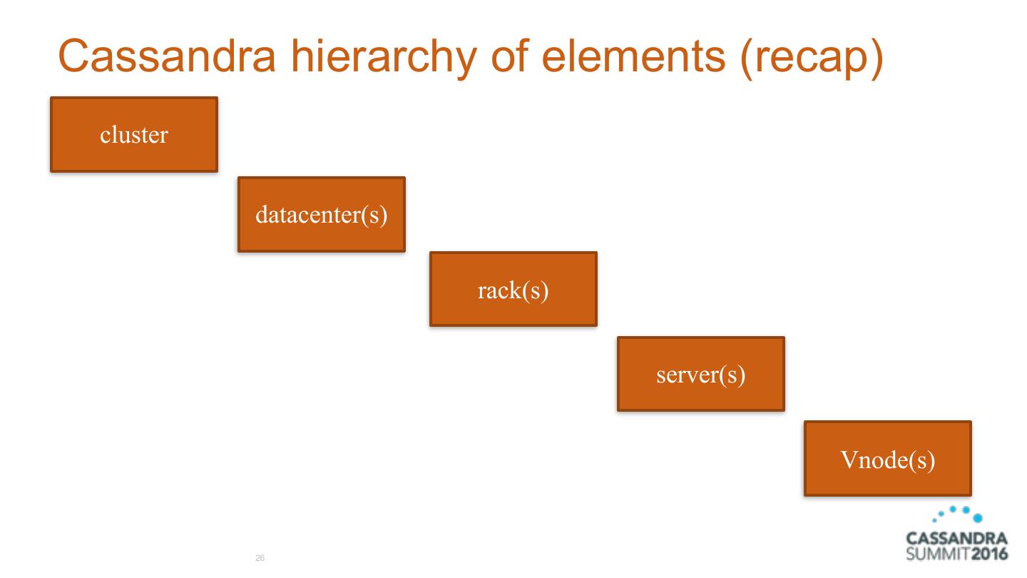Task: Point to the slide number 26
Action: pyautogui.click(x=259, y=558)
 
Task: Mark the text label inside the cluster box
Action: pyautogui.click(x=134, y=135)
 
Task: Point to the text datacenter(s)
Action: pyautogui.click(x=321, y=215)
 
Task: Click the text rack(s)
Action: pyautogui.click(x=513, y=290)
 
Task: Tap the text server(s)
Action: pyautogui.click(x=700, y=375)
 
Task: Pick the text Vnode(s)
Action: pyautogui.click(x=887, y=460)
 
